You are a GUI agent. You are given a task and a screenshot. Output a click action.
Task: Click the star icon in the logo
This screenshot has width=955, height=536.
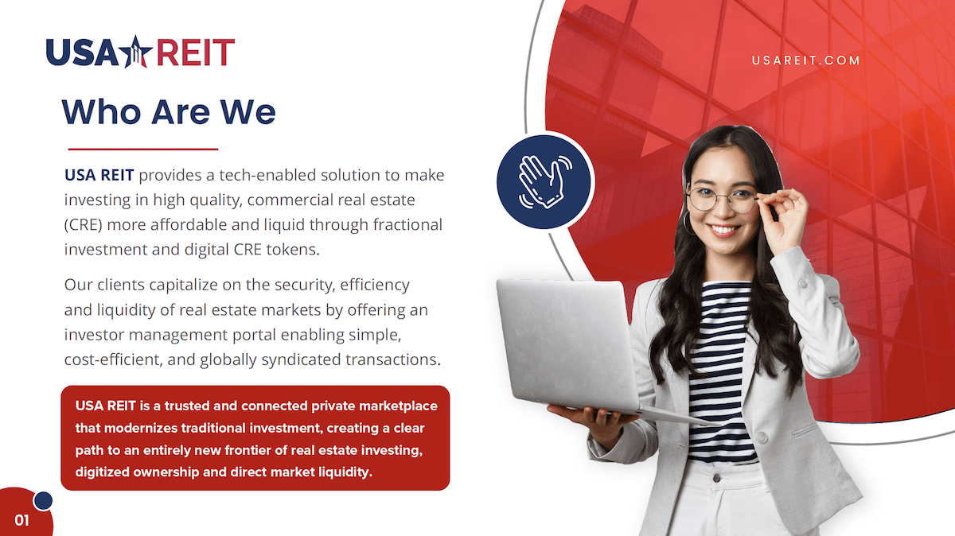pos(135,52)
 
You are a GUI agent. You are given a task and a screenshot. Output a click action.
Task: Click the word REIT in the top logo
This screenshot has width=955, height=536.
pos(196,52)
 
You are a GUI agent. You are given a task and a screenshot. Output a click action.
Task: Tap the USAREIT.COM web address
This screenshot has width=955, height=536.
pos(805,60)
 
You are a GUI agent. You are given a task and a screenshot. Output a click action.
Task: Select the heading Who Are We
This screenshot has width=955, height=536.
pos(169,111)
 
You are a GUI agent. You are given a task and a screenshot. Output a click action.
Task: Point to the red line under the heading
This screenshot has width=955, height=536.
pos(142,150)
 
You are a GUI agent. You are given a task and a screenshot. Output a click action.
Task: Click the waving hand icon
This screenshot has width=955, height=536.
pos(544,182)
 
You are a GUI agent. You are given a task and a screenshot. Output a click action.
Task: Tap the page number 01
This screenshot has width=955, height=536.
pos(21,520)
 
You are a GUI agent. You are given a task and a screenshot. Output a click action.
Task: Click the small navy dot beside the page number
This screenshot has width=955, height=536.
pos(43,501)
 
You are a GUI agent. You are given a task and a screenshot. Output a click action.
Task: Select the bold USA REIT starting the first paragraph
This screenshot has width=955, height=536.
pos(99,175)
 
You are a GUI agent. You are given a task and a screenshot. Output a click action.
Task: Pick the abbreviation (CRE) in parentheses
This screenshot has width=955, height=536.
pos(84,224)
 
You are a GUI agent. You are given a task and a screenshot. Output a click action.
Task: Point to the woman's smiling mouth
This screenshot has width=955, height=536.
pos(724,231)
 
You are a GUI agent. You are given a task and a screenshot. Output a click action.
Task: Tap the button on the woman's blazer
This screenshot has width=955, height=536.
pos(762,437)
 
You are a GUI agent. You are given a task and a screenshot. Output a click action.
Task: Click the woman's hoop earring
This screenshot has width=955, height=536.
pos(688,223)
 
